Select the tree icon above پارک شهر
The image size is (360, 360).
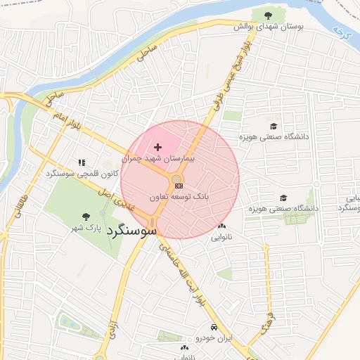(x=86, y=217)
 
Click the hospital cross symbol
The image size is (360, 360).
(x=157, y=147)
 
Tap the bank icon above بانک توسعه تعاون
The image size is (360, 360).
(x=179, y=186)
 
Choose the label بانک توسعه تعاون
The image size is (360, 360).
(x=179, y=198)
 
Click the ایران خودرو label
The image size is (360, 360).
(x=214, y=339)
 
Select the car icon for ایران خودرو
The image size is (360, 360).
(x=213, y=328)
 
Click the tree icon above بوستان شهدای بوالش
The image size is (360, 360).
(x=267, y=15)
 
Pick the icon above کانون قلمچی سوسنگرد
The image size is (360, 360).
(x=82, y=162)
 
